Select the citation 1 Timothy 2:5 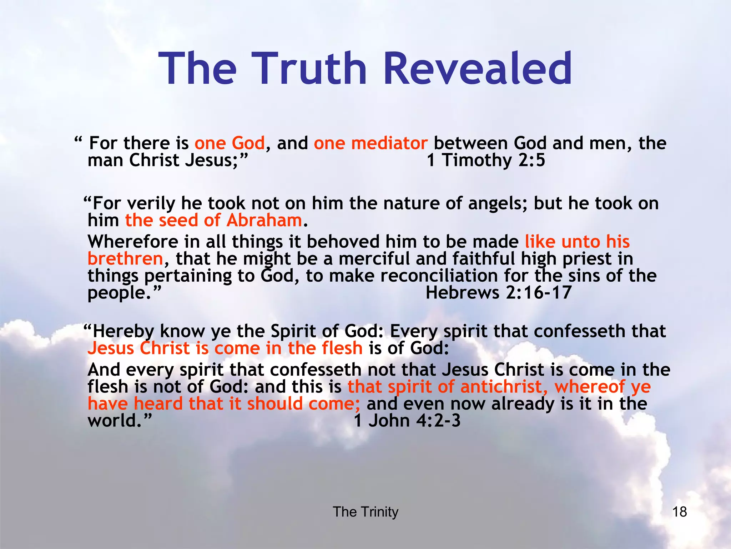click(x=486, y=160)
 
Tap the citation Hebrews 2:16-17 click(x=498, y=292)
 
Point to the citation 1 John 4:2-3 click(x=407, y=420)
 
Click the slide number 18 click(x=679, y=512)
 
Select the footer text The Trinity click(x=365, y=512)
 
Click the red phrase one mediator click(x=370, y=143)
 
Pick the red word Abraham click(x=264, y=220)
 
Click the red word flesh click(x=342, y=348)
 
